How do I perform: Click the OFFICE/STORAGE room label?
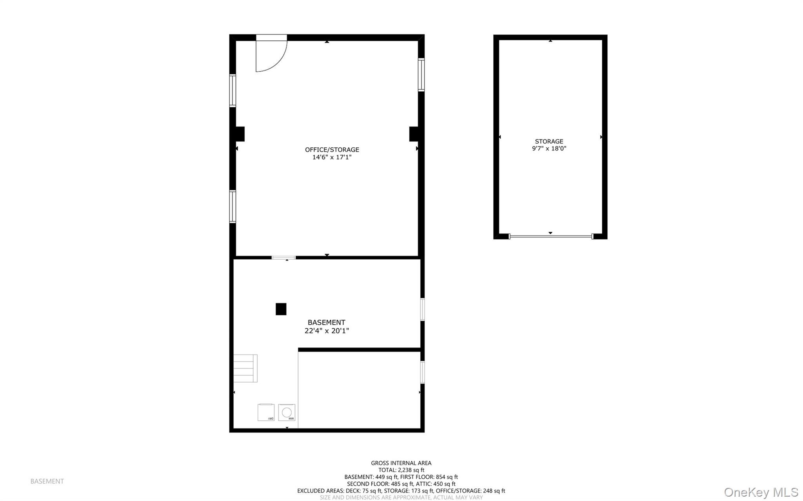[x=332, y=150]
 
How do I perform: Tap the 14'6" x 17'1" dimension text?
[x=332, y=157]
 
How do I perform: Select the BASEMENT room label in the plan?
[x=326, y=322]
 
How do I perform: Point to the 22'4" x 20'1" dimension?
[x=327, y=331]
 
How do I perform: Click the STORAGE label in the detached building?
[x=549, y=141]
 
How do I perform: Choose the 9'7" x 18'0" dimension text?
[x=549, y=148]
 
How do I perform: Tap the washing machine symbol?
[x=287, y=413]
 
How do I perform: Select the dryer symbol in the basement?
[x=266, y=412]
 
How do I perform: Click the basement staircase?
[x=245, y=368]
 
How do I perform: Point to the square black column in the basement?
[x=281, y=309]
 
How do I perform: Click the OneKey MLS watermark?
[x=761, y=492]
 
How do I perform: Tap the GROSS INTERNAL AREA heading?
[x=401, y=463]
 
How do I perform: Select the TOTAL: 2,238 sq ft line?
[x=401, y=470]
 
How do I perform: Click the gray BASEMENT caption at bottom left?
[x=47, y=481]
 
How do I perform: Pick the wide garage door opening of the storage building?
[x=550, y=237]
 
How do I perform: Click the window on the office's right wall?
[x=421, y=74]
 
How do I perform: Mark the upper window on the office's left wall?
[x=233, y=90]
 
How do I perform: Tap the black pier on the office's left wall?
[x=240, y=134]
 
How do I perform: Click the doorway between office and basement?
[x=283, y=257]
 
